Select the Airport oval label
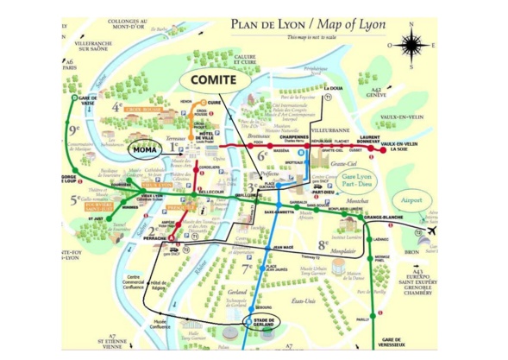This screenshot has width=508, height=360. [413, 199]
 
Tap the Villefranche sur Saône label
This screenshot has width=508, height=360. [92, 45]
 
